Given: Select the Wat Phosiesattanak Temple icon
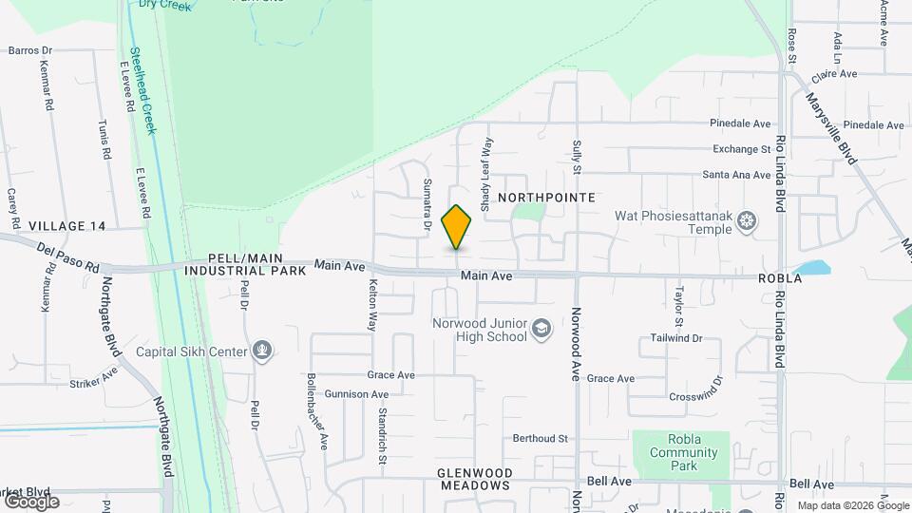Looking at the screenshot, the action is point(749,222).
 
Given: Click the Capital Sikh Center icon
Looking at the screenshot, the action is point(262,351).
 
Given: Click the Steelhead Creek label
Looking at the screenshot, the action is point(143,91).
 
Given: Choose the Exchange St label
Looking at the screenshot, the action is point(742,149).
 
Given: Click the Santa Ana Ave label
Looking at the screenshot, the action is point(736,175).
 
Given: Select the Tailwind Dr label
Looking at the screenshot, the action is point(676,338).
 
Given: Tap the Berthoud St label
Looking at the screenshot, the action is point(540,439).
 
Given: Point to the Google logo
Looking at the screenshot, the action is point(30,501).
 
